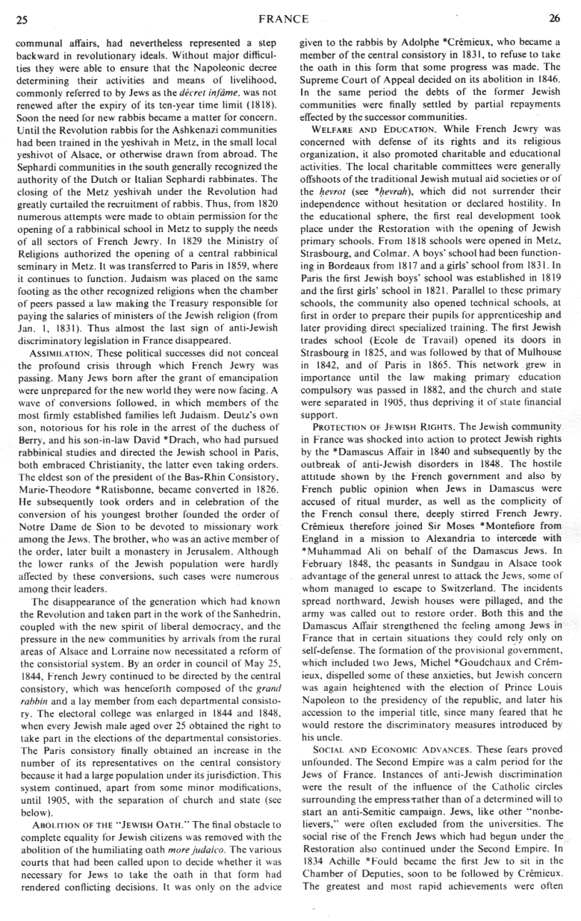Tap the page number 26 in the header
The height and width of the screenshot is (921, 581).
pyautogui.click(x=554, y=19)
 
